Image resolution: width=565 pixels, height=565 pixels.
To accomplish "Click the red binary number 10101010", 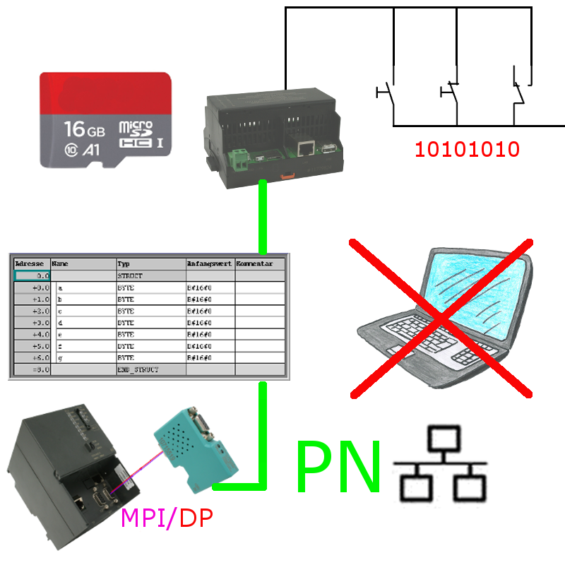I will click(x=467, y=150).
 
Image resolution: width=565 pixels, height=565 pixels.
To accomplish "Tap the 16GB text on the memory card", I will click(x=84, y=129).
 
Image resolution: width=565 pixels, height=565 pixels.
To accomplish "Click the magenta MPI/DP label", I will click(x=167, y=518).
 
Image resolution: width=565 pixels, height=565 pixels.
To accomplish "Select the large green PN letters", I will click(x=338, y=466).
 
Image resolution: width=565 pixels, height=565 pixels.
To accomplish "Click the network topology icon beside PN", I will click(x=441, y=464).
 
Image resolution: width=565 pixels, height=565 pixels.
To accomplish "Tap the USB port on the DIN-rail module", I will click(x=329, y=148).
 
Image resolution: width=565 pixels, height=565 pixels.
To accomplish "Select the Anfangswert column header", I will click(x=209, y=263).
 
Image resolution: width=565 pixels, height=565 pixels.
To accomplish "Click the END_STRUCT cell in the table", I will click(x=138, y=369).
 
